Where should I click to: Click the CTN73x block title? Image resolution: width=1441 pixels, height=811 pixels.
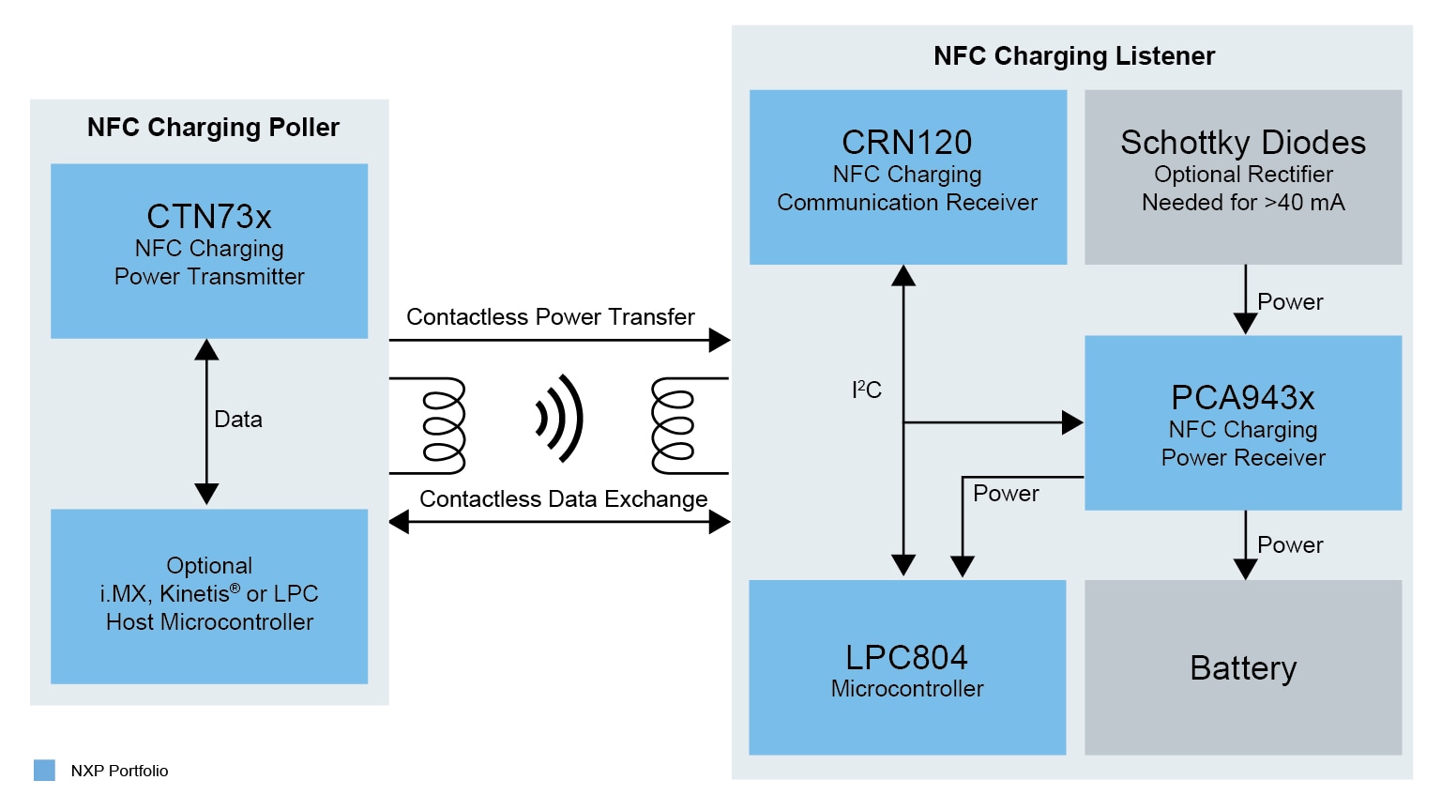pos(209,217)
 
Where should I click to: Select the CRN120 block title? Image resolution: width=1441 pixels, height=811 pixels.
pos(906,143)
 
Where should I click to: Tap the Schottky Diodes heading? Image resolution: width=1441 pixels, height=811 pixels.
pos(1243,143)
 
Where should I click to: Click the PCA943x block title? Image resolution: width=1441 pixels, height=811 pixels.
pos(1243,398)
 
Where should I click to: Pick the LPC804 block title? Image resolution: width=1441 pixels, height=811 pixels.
pos(906,657)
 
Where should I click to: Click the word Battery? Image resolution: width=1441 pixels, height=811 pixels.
pos(1243,668)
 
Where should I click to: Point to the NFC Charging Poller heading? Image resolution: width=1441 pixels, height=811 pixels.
pos(213,128)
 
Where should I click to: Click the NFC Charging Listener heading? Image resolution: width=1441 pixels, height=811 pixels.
pos(1074,56)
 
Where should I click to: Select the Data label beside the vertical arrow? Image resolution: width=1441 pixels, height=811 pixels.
pos(238,420)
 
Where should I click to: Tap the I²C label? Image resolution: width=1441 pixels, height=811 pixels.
pos(867,390)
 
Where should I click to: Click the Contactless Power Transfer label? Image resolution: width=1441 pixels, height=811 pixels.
pos(551,317)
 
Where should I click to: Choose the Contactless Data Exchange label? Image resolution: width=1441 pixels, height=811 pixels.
pos(563,499)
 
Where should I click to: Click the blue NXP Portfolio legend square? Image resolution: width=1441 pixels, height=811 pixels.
pos(44,771)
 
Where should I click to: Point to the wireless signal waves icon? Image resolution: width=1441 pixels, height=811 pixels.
pos(560,419)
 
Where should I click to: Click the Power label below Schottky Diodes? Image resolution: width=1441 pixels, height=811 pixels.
pos(1290,302)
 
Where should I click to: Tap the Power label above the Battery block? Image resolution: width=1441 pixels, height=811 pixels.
pos(1290,545)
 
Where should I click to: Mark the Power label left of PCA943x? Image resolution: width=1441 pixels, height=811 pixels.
pos(1006,494)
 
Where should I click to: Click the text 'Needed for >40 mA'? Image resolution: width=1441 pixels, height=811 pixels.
pos(1243,203)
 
